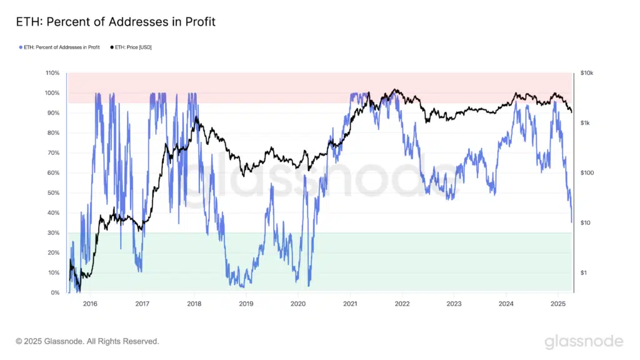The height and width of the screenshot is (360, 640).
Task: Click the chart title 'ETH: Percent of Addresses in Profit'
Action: point(115,22)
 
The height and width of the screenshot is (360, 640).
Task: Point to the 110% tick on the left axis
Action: point(52,73)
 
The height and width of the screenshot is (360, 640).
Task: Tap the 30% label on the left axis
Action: point(54,233)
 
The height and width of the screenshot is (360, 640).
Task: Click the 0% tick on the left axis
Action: point(55,293)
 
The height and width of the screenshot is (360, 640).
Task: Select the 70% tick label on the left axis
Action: point(54,153)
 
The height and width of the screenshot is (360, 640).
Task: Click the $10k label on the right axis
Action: point(587,73)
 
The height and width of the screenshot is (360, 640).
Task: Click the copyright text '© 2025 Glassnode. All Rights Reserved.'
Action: point(87,341)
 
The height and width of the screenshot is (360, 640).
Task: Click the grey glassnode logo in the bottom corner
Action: point(584,341)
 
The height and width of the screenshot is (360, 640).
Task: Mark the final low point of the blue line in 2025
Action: point(571,222)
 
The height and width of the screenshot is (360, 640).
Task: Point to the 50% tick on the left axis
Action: point(54,193)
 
